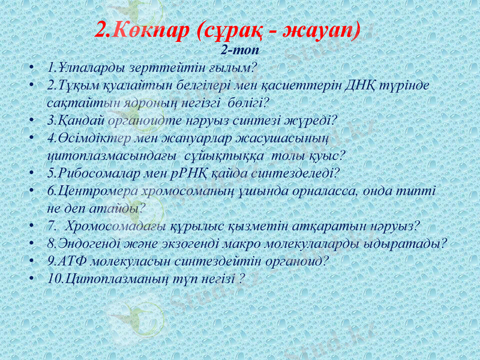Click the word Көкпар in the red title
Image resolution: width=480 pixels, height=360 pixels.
149,30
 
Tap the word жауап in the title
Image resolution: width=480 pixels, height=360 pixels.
323,30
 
